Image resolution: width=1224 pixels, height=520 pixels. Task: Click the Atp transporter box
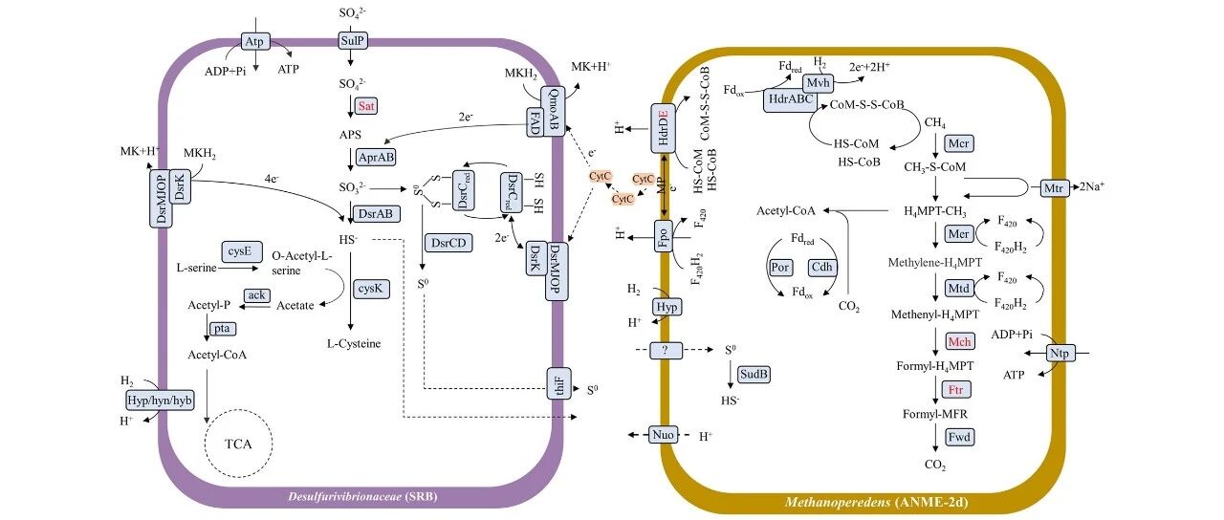pos(254,41)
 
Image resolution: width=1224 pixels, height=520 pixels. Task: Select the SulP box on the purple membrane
pos(351,40)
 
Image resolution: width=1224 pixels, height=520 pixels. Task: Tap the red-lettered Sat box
pos(365,105)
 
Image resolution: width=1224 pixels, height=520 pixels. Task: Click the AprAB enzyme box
pos(376,158)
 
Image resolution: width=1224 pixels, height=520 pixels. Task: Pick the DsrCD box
pos(448,243)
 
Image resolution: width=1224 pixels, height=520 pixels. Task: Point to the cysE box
pos(242,251)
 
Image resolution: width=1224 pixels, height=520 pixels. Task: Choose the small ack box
pos(257,295)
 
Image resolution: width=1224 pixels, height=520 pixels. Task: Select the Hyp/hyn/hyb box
pos(160,401)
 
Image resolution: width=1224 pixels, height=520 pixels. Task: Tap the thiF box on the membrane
pos(559,383)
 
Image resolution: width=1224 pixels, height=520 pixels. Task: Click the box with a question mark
pos(667,350)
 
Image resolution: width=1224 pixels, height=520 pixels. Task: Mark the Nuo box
pos(664,435)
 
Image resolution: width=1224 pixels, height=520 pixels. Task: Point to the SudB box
pos(754,374)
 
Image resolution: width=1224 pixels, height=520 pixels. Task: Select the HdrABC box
pos(791,100)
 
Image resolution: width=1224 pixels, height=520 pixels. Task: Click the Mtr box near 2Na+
pos(1054,188)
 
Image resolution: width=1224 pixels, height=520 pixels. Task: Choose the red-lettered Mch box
pos(959,342)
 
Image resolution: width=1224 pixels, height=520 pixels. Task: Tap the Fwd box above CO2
pos(959,437)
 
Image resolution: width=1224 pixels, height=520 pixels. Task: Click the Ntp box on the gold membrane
pos(1060,354)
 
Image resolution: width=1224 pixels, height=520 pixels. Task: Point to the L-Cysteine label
pos(354,343)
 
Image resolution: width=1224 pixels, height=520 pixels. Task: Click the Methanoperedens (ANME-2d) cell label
pos(877,502)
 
